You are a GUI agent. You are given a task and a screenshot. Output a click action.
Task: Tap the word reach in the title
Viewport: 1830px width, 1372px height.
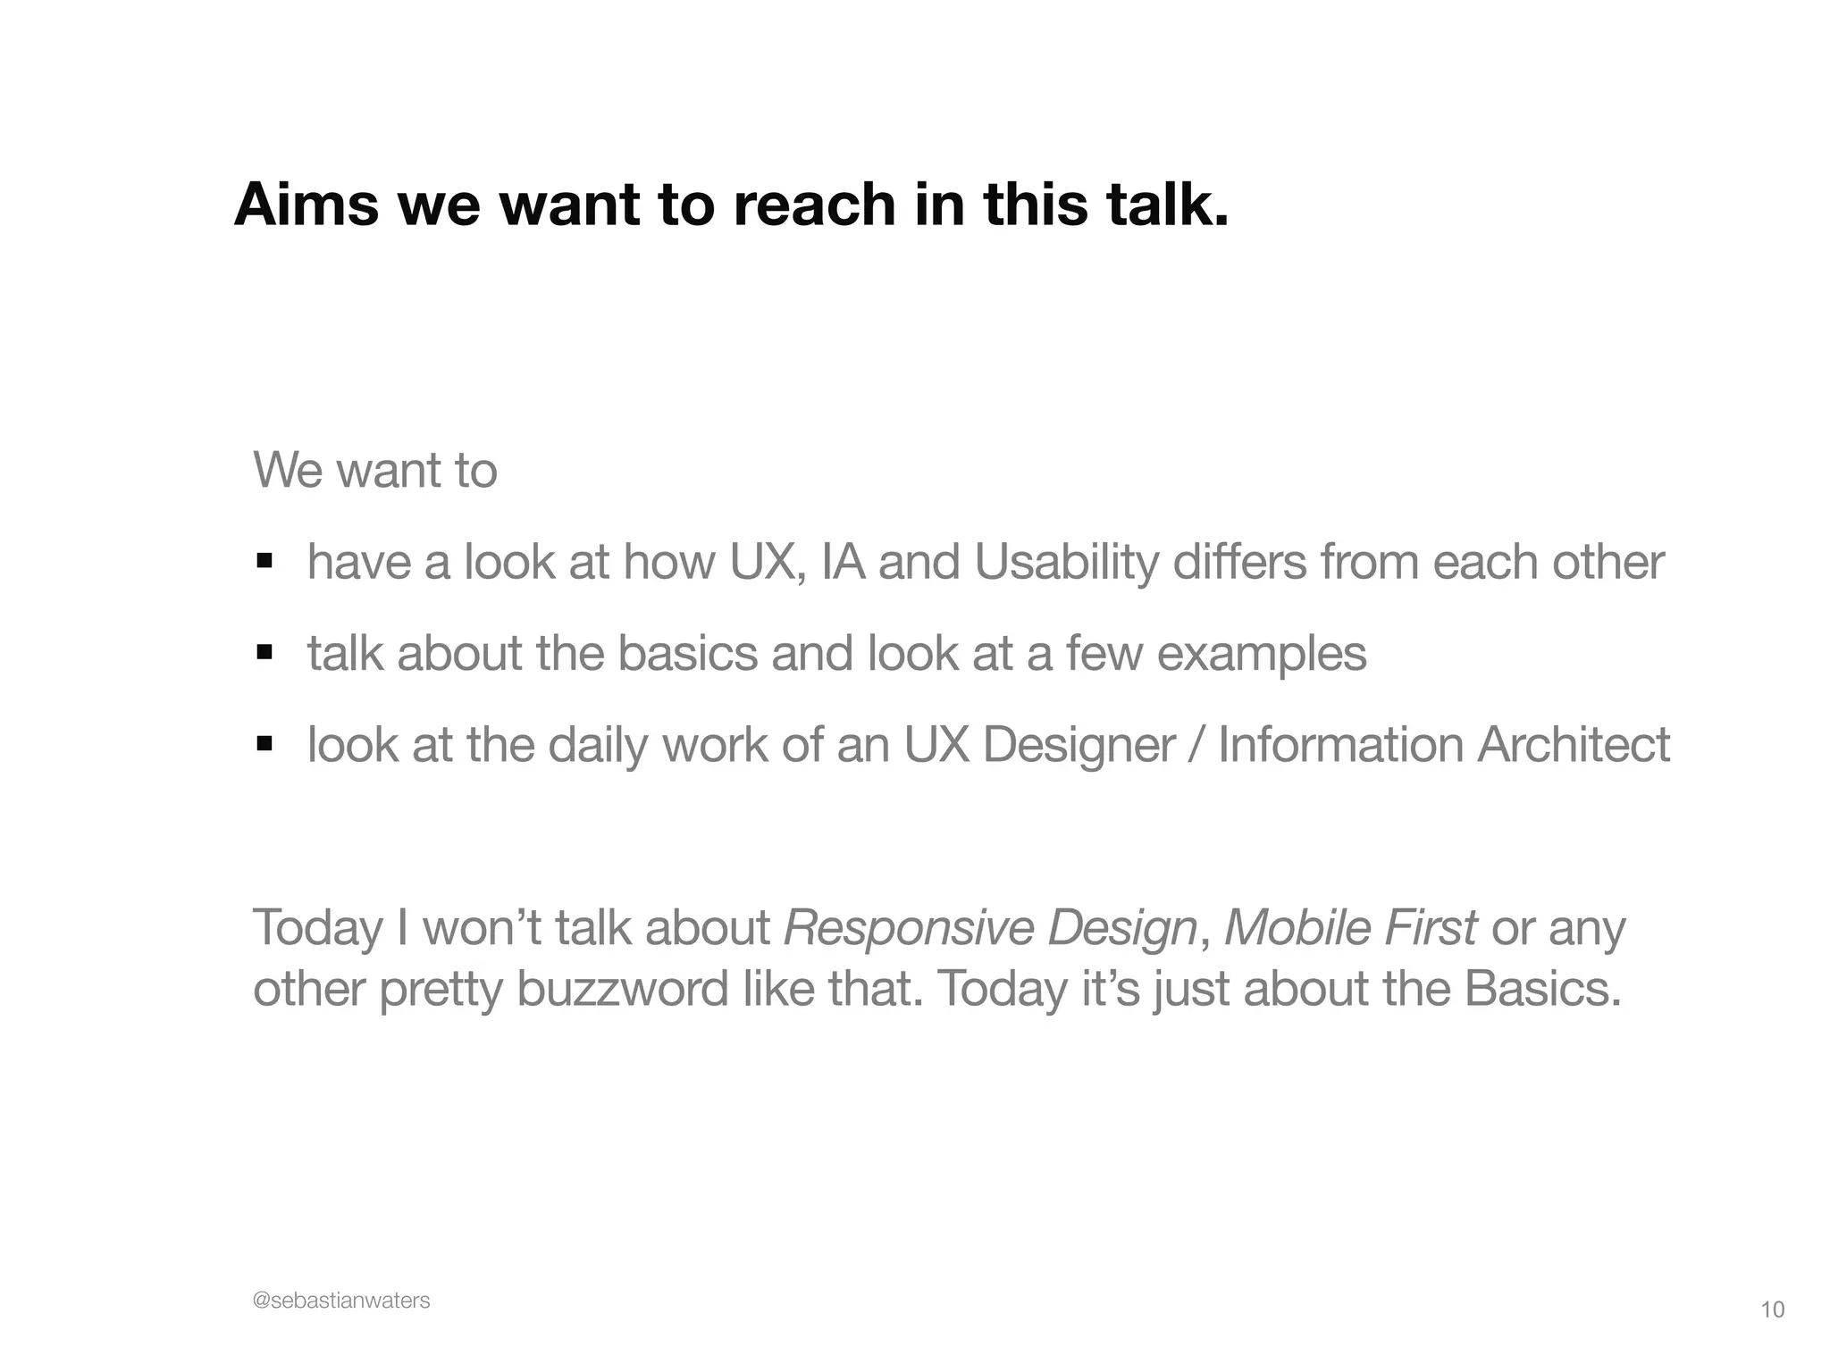[814, 205]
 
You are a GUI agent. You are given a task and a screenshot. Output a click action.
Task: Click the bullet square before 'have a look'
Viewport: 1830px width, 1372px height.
[264, 561]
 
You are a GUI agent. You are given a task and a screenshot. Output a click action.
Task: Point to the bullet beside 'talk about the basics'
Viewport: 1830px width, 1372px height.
[264, 652]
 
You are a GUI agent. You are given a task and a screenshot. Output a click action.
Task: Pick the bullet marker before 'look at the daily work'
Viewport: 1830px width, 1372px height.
[264, 743]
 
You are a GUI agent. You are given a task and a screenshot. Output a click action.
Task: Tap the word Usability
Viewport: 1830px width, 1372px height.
[1065, 564]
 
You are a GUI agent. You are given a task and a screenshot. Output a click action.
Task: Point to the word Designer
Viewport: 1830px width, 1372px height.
[1079, 745]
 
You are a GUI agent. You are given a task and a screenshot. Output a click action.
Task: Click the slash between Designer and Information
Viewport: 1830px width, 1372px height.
[1196, 745]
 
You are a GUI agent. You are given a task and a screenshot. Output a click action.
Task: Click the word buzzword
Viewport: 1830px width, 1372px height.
[622, 990]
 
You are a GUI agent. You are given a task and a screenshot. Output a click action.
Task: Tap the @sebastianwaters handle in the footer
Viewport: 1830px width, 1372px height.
[341, 1301]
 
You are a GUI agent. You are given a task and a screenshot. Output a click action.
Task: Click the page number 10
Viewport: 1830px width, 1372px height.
[1772, 1310]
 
